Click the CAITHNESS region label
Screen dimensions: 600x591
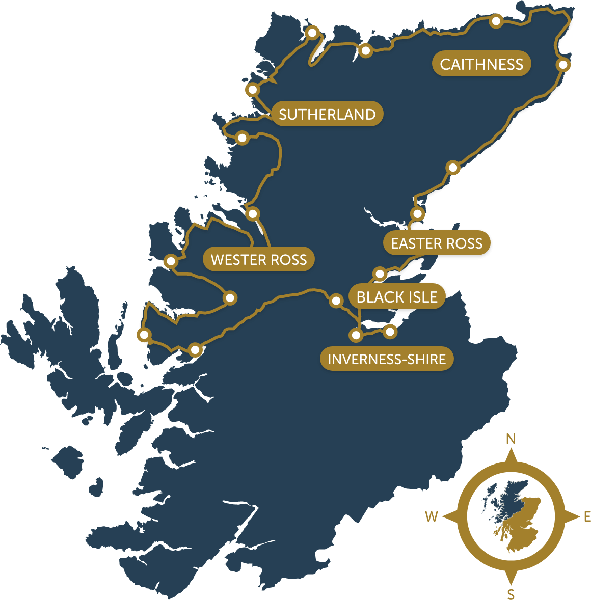(x=481, y=64)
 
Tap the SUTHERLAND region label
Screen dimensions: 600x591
(x=327, y=114)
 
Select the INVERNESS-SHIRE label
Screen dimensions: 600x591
(x=387, y=359)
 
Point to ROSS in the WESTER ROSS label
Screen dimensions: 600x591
(x=289, y=260)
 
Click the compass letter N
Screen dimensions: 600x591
(x=511, y=439)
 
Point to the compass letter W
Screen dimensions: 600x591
(x=432, y=516)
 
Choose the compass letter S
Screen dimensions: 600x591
(x=511, y=594)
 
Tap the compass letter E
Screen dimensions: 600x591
(x=586, y=516)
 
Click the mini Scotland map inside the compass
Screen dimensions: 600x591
(x=511, y=515)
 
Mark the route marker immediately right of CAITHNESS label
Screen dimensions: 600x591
(x=563, y=65)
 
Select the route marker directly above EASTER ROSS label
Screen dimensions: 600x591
(x=418, y=213)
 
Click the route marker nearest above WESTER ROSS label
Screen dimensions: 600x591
(x=253, y=214)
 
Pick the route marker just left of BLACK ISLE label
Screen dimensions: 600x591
(x=336, y=301)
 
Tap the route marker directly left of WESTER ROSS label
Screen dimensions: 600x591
(x=171, y=261)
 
